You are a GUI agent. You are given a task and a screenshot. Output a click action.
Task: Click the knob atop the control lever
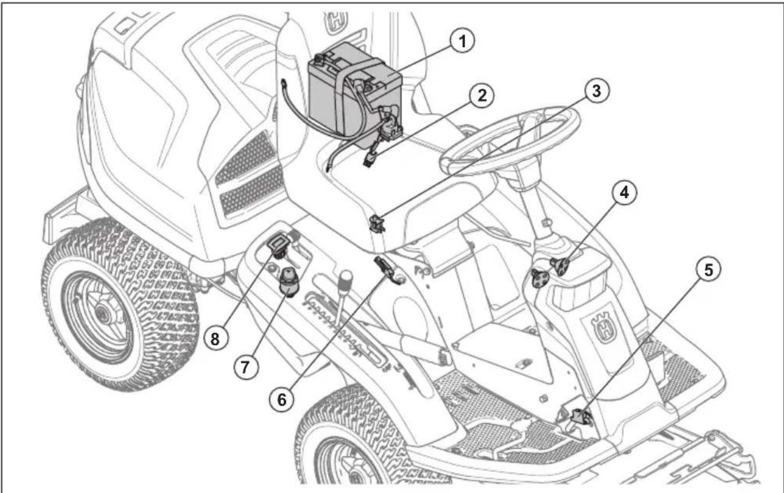[x=346, y=278]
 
